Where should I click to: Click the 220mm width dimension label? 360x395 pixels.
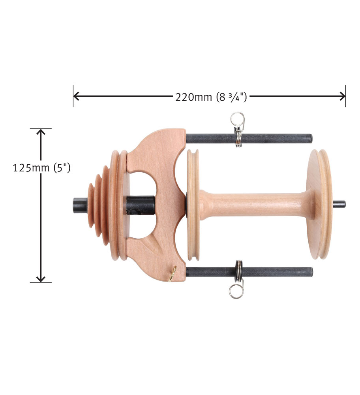(x=211, y=97)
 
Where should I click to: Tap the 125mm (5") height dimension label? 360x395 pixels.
(x=41, y=168)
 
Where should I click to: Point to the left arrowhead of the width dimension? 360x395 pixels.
(x=76, y=96)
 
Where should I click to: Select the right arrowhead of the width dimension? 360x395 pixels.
(x=342, y=96)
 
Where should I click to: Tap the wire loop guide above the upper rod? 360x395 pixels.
(x=238, y=121)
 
